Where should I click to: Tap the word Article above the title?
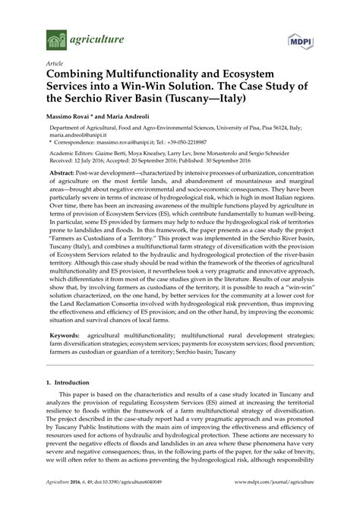(x=55, y=65)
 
